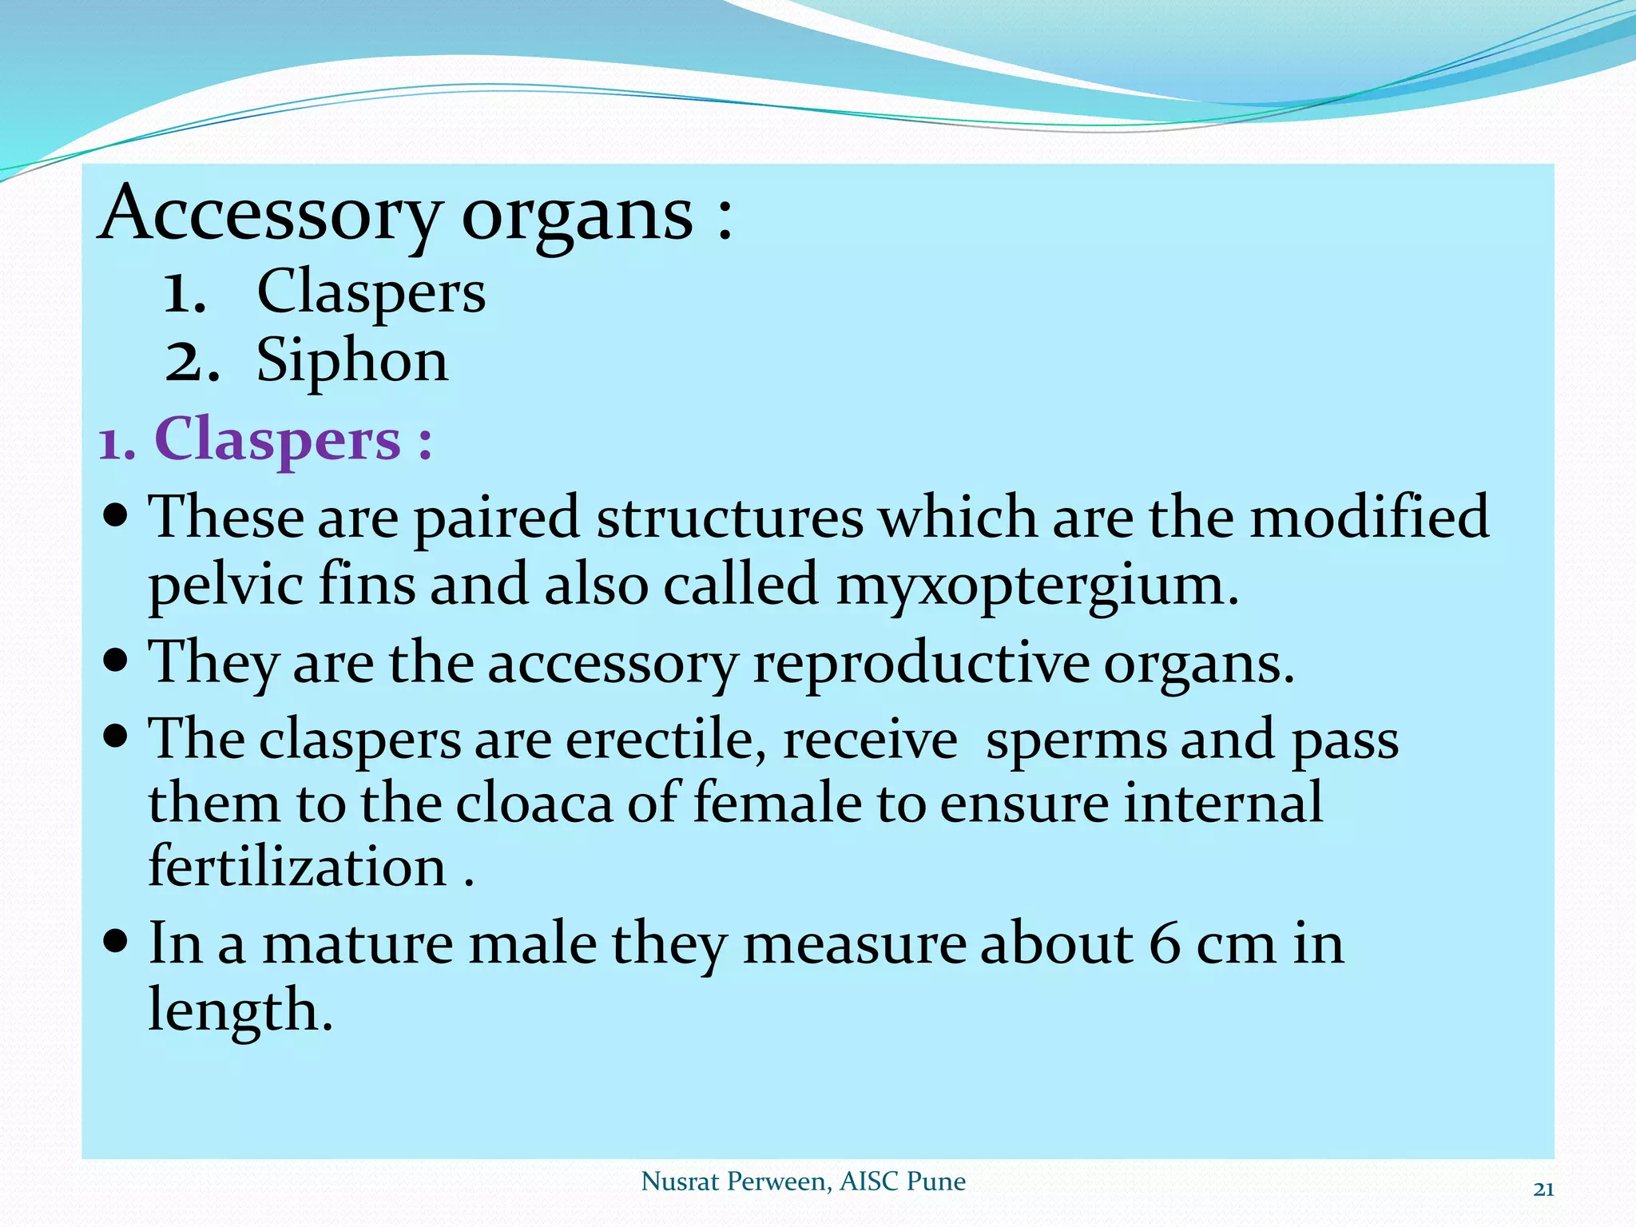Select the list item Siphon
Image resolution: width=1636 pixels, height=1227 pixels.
pos(351,361)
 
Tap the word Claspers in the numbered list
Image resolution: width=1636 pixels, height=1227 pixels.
pos(371,292)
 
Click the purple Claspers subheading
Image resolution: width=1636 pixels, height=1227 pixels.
pos(276,439)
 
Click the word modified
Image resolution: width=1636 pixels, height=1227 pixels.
pos(1369,517)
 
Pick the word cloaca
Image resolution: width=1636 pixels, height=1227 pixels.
pos(533,803)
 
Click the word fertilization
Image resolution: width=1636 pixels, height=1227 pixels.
pos(297,867)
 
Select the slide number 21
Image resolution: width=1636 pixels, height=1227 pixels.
pos(1543,1189)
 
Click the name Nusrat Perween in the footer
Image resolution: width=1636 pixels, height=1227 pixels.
pos(733,1181)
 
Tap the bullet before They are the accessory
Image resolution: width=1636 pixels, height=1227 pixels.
pos(117,661)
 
